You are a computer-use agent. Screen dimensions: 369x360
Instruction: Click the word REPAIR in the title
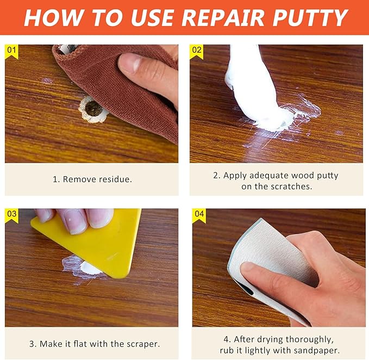[x=223, y=17]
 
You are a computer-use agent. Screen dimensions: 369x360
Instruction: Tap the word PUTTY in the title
[x=310, y=17]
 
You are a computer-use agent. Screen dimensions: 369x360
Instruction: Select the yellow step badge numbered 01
[x=11, y=51]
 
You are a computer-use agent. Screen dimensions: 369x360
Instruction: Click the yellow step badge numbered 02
[x=197, y=51]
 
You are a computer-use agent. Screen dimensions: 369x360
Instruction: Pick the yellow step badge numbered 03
[x=11, y=215]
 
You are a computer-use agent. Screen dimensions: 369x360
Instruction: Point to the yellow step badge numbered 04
[x=199, y=215]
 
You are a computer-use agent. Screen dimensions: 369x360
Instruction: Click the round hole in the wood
[x=93, y=109]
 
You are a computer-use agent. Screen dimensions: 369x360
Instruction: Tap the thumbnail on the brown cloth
[x=129, y=62]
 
